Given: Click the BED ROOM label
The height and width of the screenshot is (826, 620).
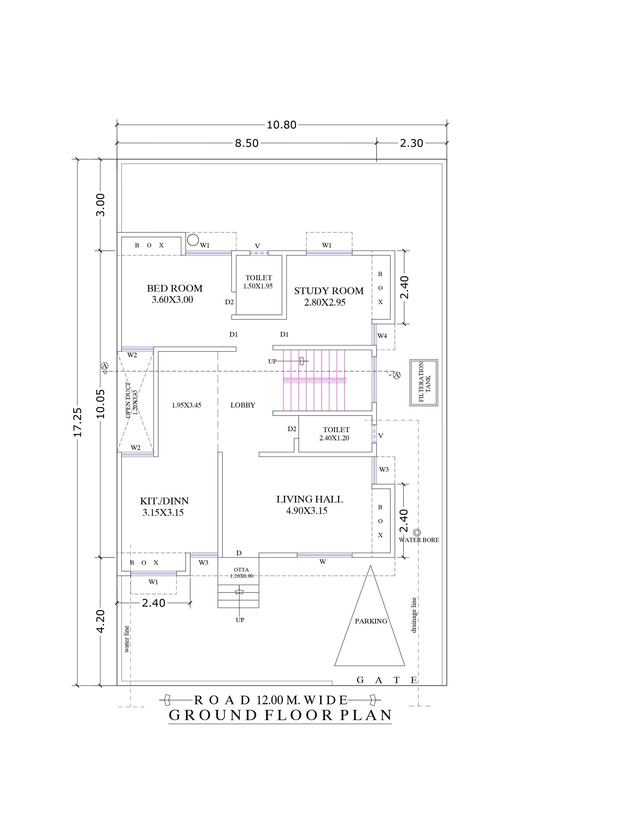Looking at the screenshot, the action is coord(174,288).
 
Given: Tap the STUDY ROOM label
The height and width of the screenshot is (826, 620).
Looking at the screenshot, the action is coord(329,291).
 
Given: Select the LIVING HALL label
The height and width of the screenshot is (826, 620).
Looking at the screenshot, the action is coord(310,500).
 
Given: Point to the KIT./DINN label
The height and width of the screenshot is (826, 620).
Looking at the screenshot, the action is coord(164,501).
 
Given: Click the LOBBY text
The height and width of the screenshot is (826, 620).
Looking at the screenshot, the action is coord(243,405).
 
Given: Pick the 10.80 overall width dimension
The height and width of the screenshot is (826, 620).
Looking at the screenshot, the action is coord(282,125).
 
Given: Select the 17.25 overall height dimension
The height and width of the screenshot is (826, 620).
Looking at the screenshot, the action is coord(78,422).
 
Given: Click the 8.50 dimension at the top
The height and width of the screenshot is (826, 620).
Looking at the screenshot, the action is coord(247,143).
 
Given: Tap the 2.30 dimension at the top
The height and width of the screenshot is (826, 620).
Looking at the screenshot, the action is coord(412,143).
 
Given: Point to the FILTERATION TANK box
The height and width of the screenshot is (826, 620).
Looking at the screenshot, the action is coord(424,383).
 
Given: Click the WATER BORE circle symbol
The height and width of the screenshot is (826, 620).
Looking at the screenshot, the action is coord(417,532).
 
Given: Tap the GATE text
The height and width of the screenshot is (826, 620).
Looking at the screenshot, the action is coord(387,680).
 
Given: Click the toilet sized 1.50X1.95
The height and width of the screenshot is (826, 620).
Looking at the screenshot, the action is coord(258,282).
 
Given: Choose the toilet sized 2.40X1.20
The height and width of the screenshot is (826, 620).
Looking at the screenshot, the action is coord(336,434).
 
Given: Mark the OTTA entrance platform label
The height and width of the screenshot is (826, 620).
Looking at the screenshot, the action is coord(241,570).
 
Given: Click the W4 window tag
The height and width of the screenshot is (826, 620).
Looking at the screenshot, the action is coord(382,336).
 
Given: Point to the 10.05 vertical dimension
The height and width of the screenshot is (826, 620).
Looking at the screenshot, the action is coord(101,404).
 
